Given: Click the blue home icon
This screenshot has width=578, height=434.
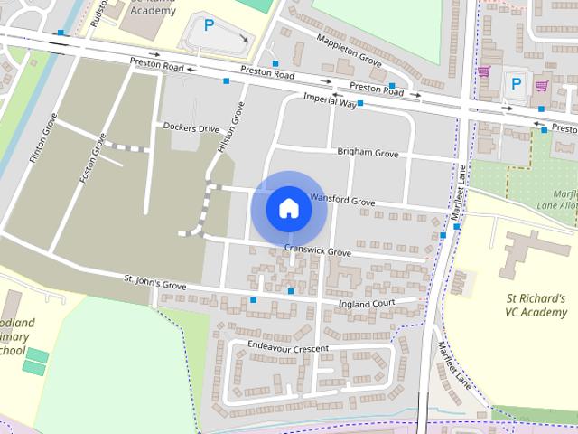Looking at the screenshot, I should point(288,208).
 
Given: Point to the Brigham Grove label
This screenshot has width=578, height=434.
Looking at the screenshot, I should point(368,154).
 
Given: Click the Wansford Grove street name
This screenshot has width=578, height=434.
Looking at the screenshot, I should point(341,200).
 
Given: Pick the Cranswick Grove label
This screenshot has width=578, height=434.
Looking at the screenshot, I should point(317,251).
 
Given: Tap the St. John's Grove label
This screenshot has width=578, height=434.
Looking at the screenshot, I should point(154,283).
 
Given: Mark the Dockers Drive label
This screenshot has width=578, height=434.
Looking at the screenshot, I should point(191,128).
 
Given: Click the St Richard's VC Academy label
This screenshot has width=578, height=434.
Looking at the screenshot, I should point(536,306).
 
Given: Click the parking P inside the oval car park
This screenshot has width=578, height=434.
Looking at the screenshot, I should point(209,26).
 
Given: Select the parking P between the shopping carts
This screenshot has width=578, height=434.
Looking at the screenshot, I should point(516,83).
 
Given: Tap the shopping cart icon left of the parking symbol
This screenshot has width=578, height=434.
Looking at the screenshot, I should point(484,71).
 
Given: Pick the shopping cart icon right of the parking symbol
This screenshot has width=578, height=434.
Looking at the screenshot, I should point(542,86).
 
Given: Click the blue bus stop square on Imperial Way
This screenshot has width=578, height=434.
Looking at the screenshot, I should point(360,104).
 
